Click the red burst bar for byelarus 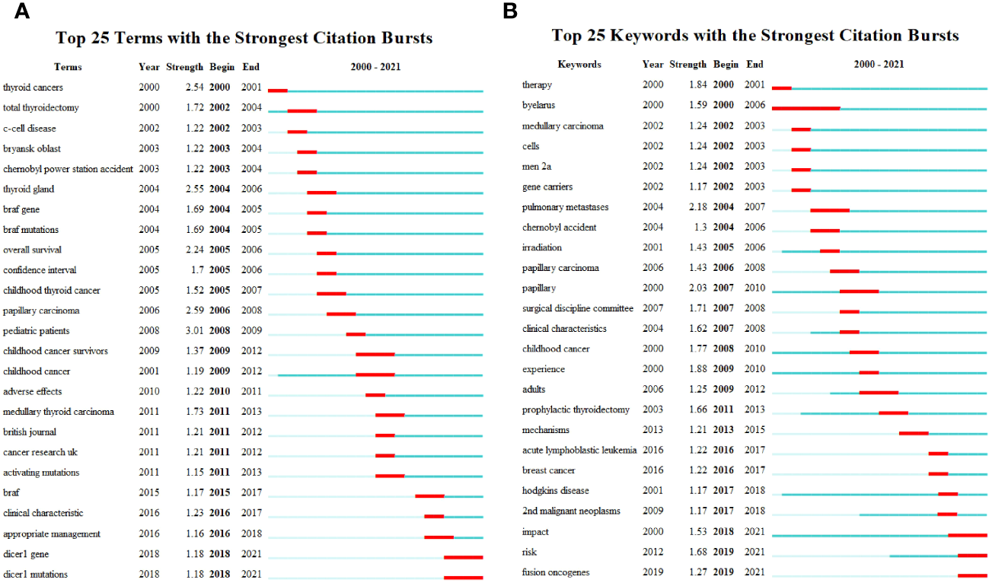pyautogui.click(x=806, y=108)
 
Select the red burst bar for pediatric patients pyautogui.click(x=356, y=333)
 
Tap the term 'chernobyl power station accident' pyautogui.click(x=68, y=169)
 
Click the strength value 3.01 pyautogui.click(x=195, y=331)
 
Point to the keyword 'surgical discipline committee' pyautogui.click(x=577, y=308)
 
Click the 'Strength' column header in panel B pyautogui.click(x=688, y=65)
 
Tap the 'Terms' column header pyautogui.click(x=68, y=67)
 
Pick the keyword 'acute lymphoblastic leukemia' pyautogui.click(x=579, y=450)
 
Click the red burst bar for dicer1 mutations pyautogui.click(x=463, y=577)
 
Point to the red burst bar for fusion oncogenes pyautogui.click(x=972, y=575)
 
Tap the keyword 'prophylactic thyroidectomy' pyautogui.click(x=576, y=409)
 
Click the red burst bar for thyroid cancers pyautogui.click(x=277, y=91)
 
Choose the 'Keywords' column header pyautogui.click(x=579, y=65)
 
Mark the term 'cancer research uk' pyautogui.click(x=40, y=452)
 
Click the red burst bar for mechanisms pyautogui.click(x=914, y=433)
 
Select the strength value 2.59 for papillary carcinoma pyautogui.click(x=195, y=311)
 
